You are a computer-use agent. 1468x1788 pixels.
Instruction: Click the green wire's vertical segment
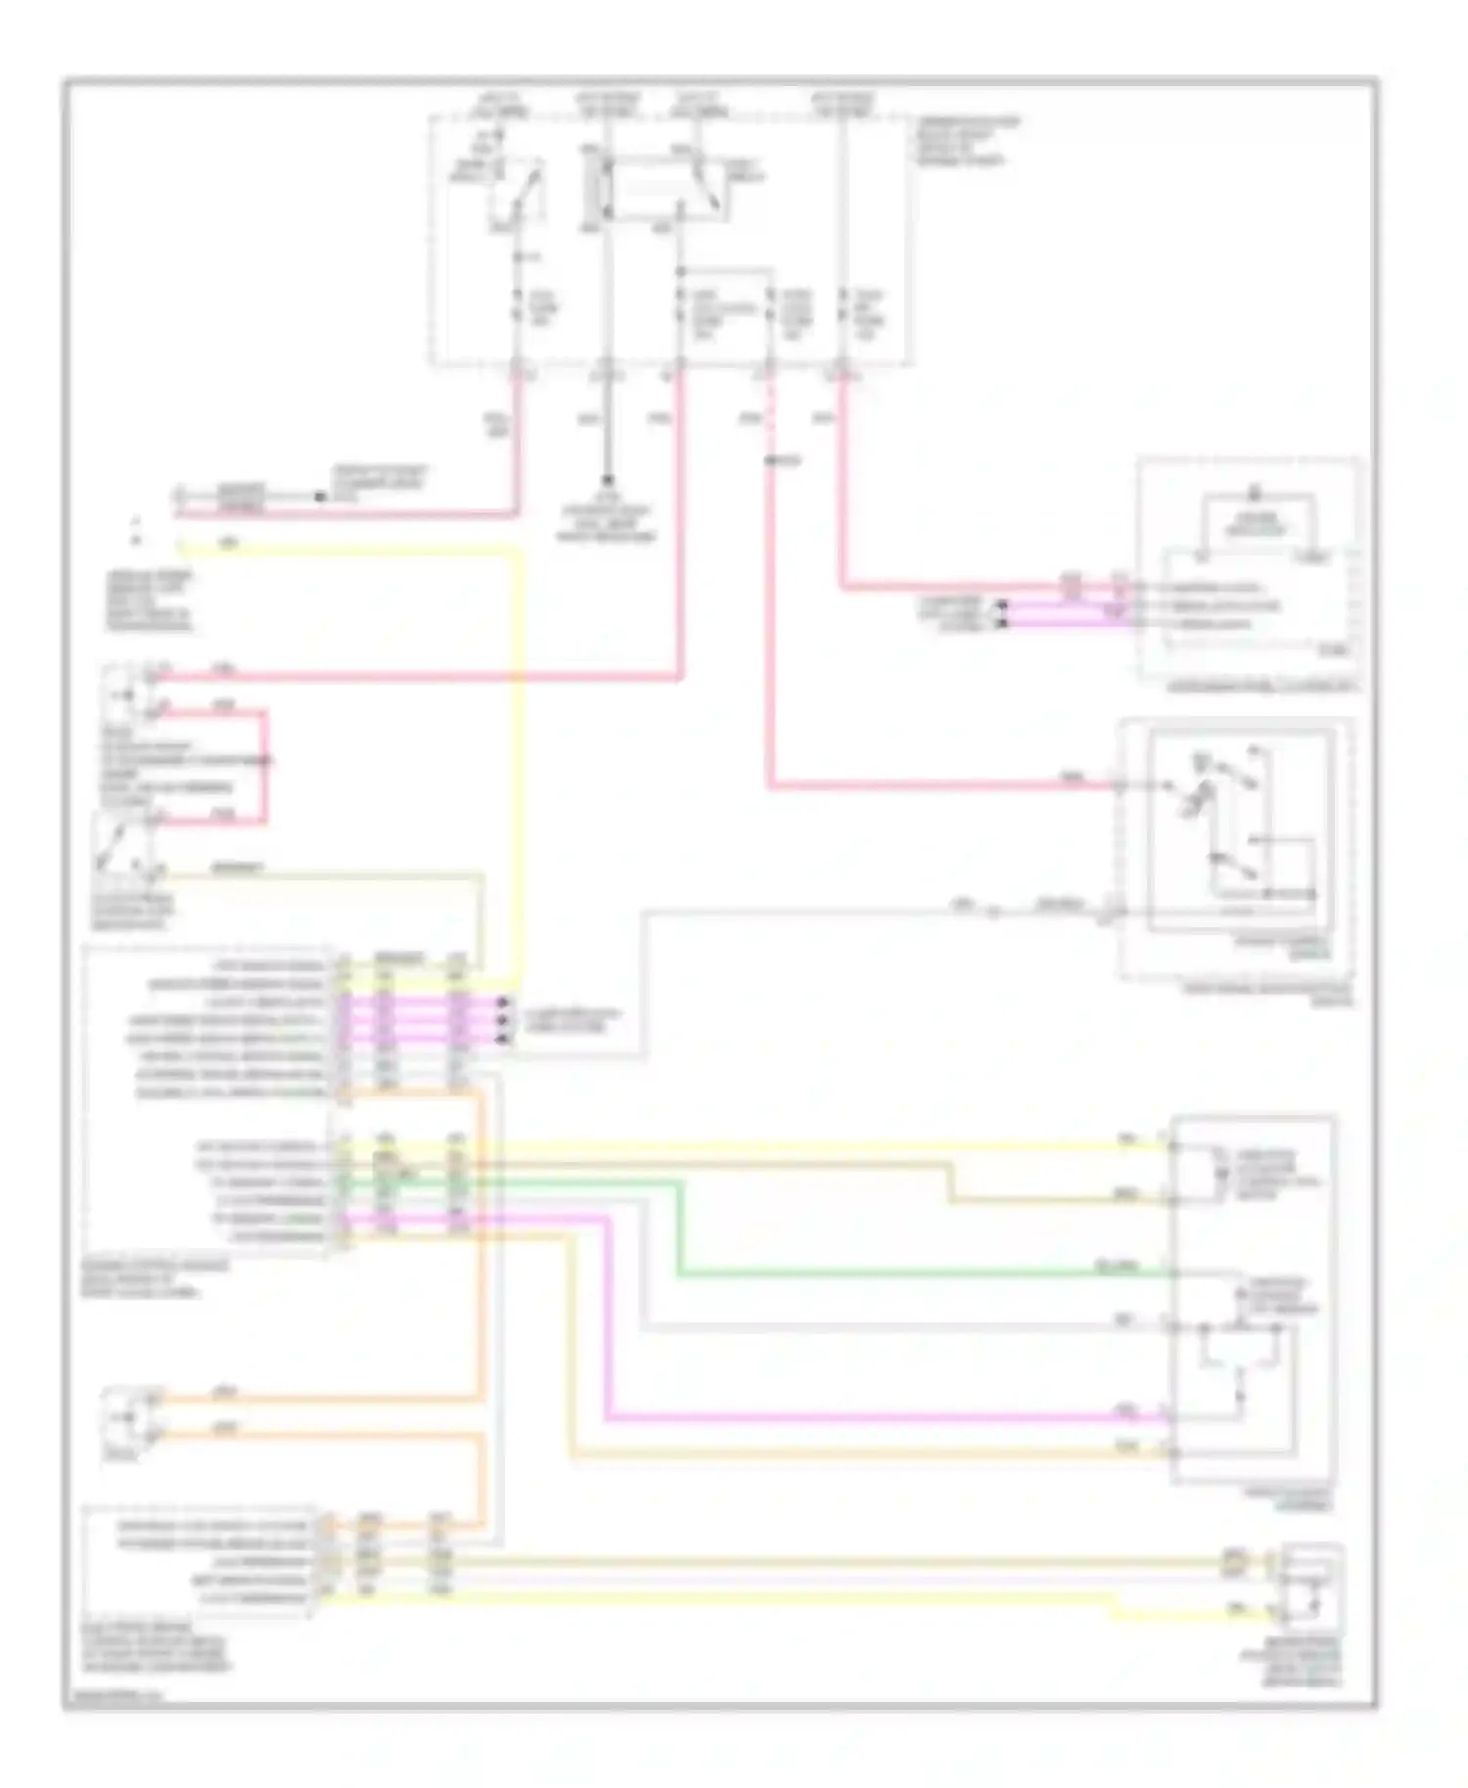point(678,1229)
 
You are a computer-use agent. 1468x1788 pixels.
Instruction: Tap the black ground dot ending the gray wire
point(607,481)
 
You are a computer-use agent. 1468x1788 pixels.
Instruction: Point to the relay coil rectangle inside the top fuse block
point(593,186)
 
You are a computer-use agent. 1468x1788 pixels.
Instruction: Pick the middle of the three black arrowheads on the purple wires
point(503,1020)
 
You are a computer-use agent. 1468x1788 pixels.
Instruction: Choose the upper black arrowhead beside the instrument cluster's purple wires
point(1000,606)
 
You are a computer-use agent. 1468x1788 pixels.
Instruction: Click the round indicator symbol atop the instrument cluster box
point(1255,494)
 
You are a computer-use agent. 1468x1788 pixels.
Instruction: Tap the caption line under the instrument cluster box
point(1262,688)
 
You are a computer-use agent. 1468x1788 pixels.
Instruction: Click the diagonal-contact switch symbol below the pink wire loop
point(119,841)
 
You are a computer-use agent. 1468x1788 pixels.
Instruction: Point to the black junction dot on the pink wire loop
point(266,760)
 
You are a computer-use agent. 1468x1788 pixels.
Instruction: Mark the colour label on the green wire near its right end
point(1116,1267)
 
